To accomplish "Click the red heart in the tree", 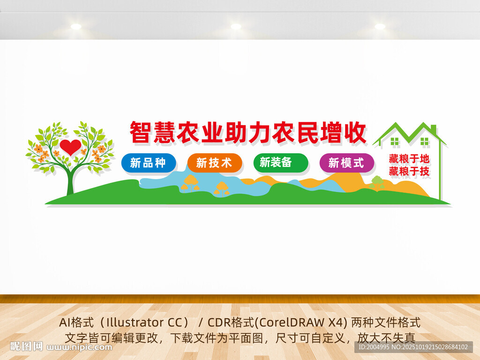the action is coord(70,147).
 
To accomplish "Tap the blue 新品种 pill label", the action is coord(149,163).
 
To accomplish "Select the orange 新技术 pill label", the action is coord(215,163).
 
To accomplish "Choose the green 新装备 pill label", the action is coord(280,163).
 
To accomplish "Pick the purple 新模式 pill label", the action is coord(346,163).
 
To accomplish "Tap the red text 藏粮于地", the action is coord(409,158).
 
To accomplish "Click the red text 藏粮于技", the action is coord(409,171).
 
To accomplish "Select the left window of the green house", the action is coord(395,142).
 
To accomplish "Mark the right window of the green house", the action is coord(425,142).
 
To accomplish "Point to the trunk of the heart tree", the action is coord(70,180).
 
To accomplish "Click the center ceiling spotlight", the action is coord(236,26).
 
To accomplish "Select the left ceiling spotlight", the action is coord(76,26).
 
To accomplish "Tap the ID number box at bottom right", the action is coord(413,347).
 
